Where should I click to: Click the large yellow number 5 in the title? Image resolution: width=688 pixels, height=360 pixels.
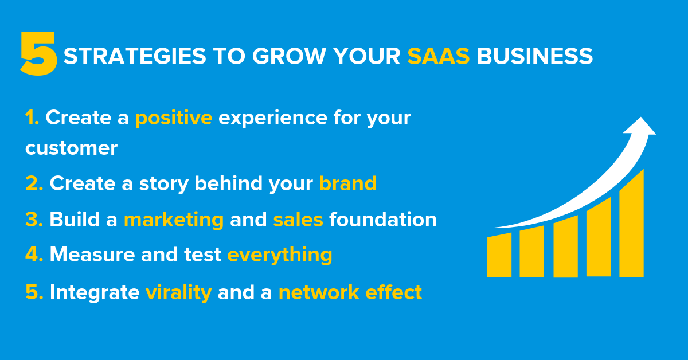click(39, 54)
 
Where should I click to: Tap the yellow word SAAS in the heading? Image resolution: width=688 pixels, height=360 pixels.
click(439, 56)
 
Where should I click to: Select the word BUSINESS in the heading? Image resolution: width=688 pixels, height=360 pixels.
click(535, 56)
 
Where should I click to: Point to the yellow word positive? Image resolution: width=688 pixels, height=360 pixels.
click(174, 118)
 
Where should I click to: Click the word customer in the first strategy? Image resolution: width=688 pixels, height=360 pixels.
click(71, 148)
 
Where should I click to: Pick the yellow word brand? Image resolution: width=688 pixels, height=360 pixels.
click(347, 183)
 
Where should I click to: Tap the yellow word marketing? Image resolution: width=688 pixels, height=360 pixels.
click(174, 220)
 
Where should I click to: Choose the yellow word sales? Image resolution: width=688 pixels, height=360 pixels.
click(298, 220)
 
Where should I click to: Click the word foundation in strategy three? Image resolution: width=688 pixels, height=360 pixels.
click(382, 220)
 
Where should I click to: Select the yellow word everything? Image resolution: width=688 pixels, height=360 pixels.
click(280, 255)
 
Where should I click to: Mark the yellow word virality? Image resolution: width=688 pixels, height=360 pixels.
click(178, 292)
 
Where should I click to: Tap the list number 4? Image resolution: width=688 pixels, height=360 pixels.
click(34, 255)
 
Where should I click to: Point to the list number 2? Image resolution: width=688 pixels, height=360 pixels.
click(34, 183)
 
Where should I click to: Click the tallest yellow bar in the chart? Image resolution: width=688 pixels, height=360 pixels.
click(631, 226)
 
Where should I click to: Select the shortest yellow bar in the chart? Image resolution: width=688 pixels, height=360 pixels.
click(499, 255)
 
